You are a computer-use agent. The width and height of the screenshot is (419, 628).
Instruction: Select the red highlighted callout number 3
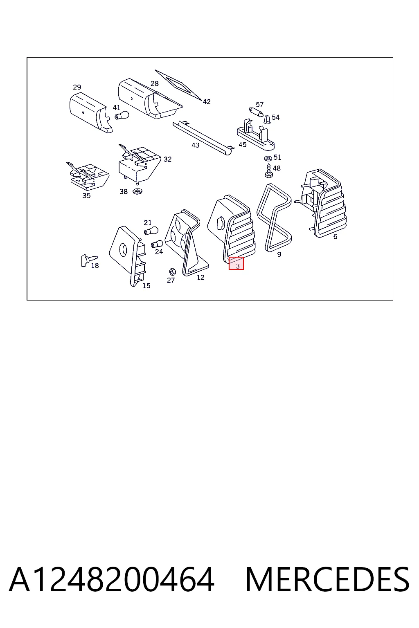point(236,263)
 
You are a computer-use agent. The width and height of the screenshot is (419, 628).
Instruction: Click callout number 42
point(207,102)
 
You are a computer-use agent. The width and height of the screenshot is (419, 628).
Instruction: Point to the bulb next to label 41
point(122,115)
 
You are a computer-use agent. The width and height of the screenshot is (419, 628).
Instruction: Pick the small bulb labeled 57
point(256,112)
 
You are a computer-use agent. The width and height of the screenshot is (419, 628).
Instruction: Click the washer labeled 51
point(268,158)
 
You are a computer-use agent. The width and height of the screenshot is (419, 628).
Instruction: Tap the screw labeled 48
point(268,170)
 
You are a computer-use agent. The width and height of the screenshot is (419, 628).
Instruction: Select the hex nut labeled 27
point(172,271)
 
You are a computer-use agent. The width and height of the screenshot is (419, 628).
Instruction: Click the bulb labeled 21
point(151,231)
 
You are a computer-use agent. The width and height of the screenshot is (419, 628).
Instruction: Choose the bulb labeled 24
point(157,244)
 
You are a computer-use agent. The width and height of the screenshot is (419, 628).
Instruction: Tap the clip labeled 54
point(268,119)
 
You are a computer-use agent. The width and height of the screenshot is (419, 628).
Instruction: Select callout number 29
point(77,87)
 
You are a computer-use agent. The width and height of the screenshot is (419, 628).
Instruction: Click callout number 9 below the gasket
point(279,255)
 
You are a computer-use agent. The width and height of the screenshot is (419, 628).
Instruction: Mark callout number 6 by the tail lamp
point(335,237)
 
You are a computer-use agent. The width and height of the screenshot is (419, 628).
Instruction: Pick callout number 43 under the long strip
point(195,145)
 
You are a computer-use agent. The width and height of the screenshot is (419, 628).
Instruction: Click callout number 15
point(146,286)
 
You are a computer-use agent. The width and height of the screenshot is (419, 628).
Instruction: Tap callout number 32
point(167,159)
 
